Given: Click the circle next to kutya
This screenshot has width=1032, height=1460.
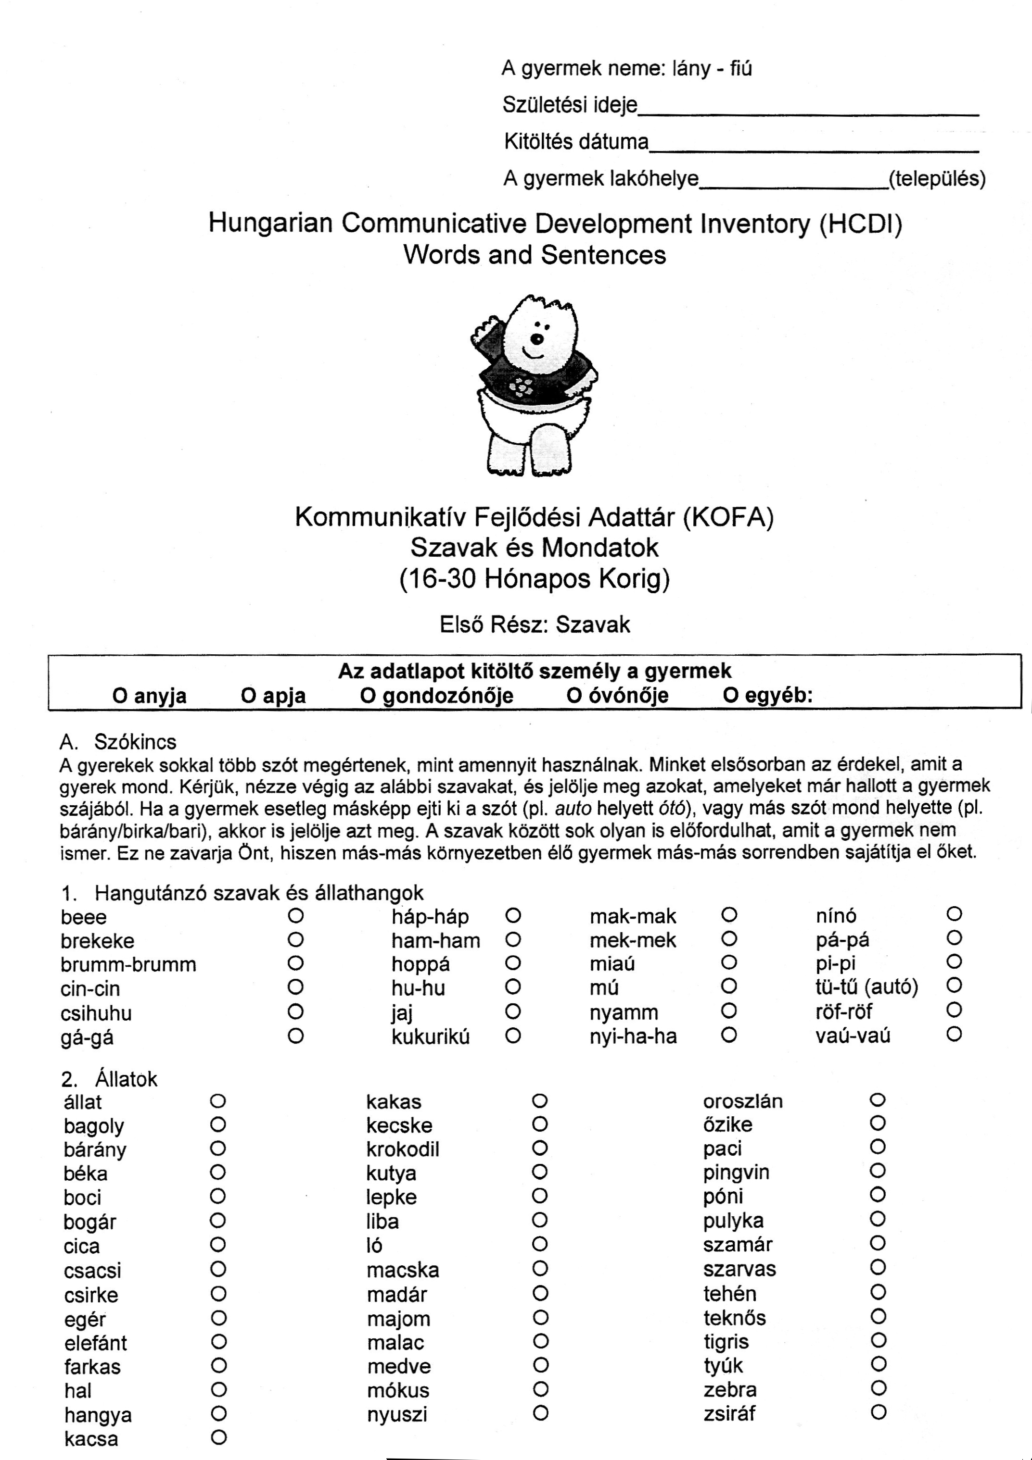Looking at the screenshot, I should (539, 1172).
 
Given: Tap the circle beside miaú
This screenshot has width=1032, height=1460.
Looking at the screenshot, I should (729, 963).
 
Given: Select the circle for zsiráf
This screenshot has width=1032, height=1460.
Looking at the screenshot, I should (879, 1413).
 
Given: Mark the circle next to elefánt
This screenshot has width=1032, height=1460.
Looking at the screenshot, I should (219, 1342).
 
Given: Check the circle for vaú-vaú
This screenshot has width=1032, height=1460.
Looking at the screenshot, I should (954, 1035).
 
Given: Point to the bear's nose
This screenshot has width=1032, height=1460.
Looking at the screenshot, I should (537, 339).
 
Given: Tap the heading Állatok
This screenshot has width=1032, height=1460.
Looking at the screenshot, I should (126, 1079).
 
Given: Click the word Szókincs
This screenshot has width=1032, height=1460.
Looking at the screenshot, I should (135, 741).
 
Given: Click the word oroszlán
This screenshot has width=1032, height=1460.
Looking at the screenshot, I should (742, 1101).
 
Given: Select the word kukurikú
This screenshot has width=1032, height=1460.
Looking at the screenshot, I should (431, 1036).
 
